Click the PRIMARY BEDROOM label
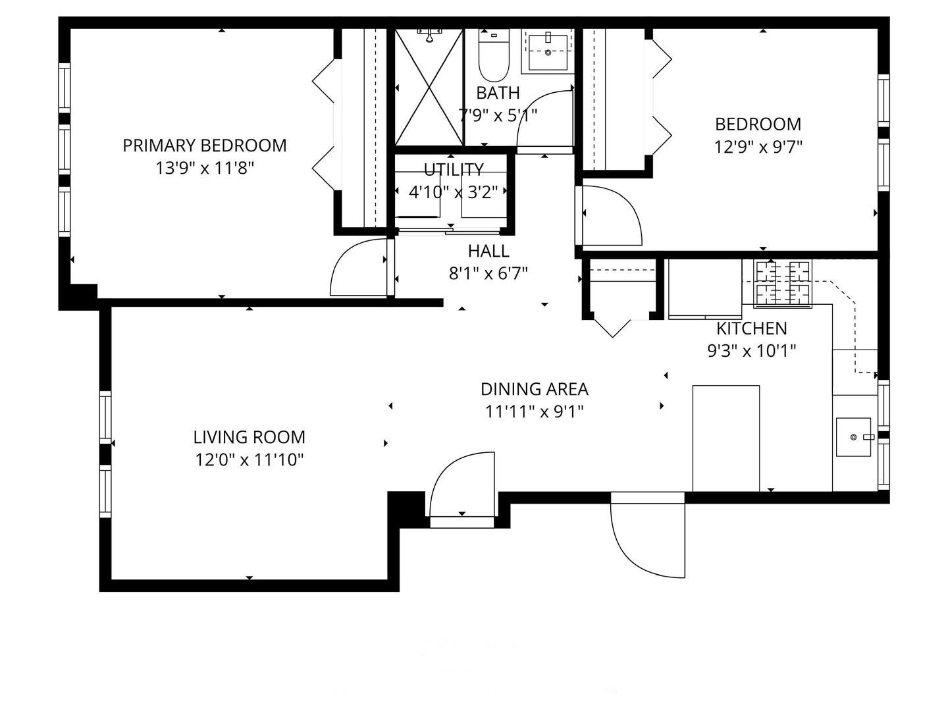click(204, 145)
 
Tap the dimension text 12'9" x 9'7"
click(758, 147)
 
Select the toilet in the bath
click(494, 55)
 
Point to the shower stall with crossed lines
click(429, 87)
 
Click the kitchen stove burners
click(783, 283)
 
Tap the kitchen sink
click(853, 437)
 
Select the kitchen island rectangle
click(726, 438)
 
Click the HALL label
click(488, 251)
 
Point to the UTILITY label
click(454, 170)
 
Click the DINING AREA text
click(535, 389)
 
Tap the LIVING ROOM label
click(250, 437)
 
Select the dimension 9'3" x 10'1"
click(752, 351)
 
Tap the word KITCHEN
click(752, 329)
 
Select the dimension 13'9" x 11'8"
click(204, 168)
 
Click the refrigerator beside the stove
click(705, 289)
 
